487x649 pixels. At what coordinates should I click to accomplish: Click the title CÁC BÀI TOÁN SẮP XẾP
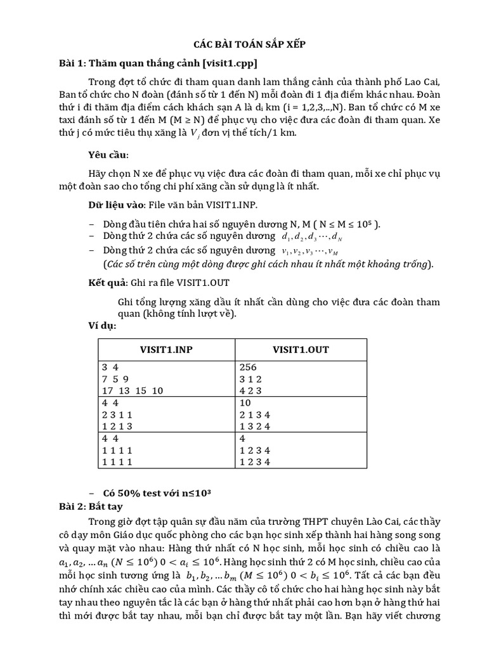[x=243, y=45]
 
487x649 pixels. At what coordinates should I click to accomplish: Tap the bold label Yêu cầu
[x=108, y=155]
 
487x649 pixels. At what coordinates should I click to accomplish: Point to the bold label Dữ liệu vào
[x=115, y=207]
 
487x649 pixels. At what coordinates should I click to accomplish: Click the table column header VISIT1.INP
[x=167, y=350]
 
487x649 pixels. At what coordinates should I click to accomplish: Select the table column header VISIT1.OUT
[x=301, y=350]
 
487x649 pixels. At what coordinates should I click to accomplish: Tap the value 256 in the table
[x=249, y=368]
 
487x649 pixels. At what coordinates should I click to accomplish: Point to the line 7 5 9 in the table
[x=115, y=378]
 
